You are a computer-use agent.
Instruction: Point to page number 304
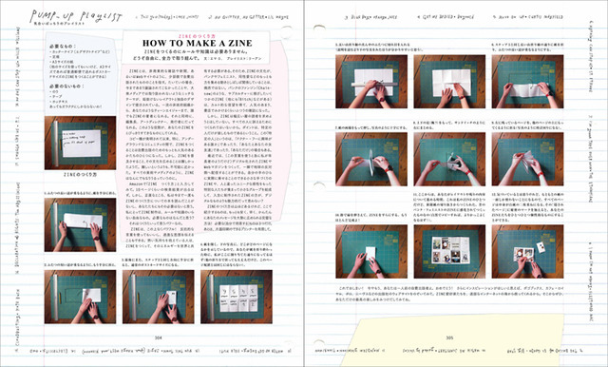pyautogui.click(x=159, y=336)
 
